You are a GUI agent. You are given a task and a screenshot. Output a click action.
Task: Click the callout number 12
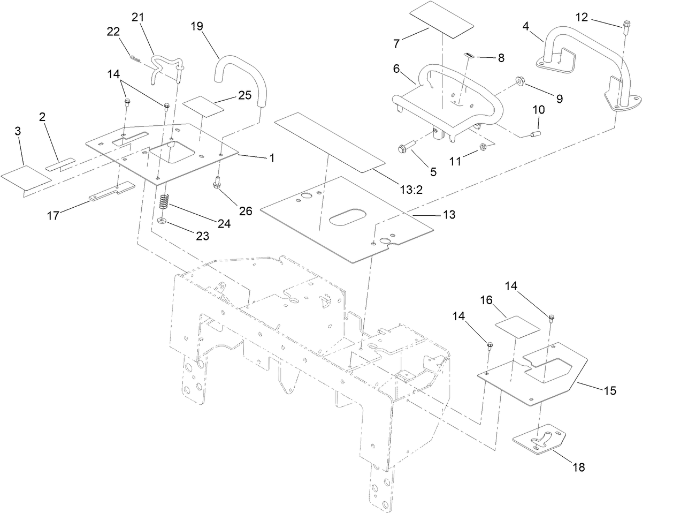click(x=582, y=17)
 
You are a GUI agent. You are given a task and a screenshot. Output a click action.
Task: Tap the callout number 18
click(x=578, y=467)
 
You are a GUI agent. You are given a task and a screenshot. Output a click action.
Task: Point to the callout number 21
click(x=138, y=17)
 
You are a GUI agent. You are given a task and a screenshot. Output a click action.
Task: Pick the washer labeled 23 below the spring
click(x=162, y=220)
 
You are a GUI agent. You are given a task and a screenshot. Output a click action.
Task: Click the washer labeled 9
click(x=520, y=81)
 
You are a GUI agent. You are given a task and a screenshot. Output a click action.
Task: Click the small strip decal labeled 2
click(x=60, y=164)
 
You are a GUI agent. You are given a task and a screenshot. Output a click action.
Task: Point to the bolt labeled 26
click(x=217, y=183)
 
